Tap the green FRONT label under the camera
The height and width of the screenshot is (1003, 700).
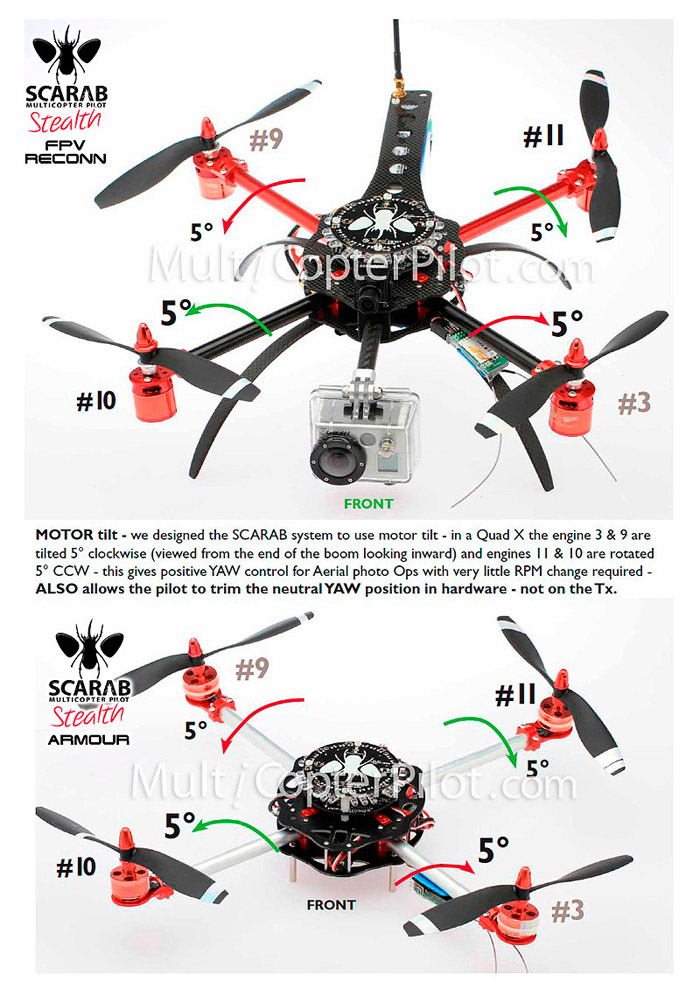369,504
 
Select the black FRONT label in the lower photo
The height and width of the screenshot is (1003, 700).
331,905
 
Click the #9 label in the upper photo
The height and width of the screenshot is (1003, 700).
266,139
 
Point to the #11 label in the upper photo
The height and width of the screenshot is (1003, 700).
543,136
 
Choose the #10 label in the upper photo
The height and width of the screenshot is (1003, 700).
96,401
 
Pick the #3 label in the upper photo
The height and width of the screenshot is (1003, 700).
633,403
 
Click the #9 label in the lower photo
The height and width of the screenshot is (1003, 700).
252,669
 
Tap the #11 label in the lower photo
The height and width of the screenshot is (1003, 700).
516,695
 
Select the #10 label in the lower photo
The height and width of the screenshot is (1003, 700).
76,868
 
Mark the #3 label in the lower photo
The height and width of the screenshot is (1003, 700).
568,911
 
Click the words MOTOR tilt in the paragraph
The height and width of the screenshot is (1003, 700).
81,535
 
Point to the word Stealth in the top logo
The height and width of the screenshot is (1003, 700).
65,120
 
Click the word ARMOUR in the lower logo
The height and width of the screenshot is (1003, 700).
88,739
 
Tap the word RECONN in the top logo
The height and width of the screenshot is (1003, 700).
65,158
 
